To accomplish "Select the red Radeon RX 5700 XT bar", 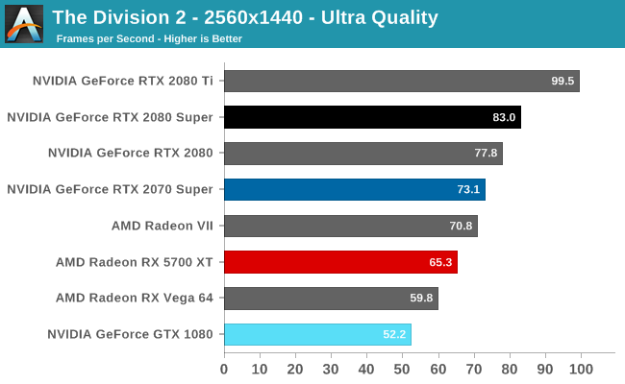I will click(340, 262).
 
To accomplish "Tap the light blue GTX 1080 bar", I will click(317, 335).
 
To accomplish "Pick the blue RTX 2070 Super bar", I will click(354, 190).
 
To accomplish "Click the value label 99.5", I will click(562, 82).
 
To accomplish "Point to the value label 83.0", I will click(505, 118).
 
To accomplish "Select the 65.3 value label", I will click(440, 262).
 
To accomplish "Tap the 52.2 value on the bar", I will click(394, 335).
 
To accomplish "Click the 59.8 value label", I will click(421, 299).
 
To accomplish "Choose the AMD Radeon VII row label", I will click(162, 227).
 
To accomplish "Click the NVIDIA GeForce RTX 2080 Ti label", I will click(122, 81).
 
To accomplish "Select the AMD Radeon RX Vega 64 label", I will click(135, 299).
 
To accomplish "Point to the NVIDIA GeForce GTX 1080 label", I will click(130, 335).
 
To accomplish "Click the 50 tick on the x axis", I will click(402, 369).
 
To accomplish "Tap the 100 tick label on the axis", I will click(580, 369).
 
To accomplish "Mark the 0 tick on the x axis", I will click(224, 369).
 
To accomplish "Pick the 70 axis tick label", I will click(473, 369).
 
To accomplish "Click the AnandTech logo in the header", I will click(24, 24).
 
